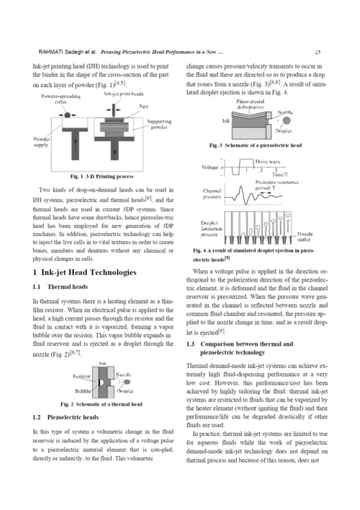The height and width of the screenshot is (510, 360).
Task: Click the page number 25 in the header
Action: click(x=318, y=52)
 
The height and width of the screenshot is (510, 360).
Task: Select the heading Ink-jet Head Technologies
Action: click(x=89, y=272)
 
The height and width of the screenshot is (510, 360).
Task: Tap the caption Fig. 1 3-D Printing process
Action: click(x=102, y=176)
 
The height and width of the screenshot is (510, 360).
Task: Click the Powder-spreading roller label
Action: click(x=60, y=99)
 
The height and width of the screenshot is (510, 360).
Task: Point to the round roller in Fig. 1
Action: click(x=67, y=115)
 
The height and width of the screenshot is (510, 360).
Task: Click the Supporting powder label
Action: click(x=159, y=124)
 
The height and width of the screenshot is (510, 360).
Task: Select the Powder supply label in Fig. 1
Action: click(x=41, y=142)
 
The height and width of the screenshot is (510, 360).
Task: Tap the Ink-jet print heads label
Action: click(x=124, y=94)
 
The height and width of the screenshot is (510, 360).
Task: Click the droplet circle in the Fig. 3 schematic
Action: click(x=287, y=121)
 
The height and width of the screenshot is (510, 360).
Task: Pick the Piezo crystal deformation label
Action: click(x=250, y=104)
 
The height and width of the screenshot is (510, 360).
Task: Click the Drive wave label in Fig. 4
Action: click(x=268, y=161)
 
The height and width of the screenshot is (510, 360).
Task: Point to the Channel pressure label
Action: click(x=212, y=194)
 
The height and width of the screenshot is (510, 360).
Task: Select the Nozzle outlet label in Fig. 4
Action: click(x=305, y=236)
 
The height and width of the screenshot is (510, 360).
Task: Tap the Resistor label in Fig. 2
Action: click(x=81, y=376)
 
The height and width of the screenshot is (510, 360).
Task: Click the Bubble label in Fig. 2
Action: click(x=83, y=390)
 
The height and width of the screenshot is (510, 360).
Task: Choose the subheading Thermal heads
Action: click(x=68, y=287)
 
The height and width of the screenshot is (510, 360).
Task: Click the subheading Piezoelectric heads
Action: click(x=73, y=417)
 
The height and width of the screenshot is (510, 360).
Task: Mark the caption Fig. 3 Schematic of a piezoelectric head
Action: click(x=256, y=145)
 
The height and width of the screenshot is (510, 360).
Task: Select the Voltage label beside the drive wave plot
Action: click(x=210, y=167)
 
